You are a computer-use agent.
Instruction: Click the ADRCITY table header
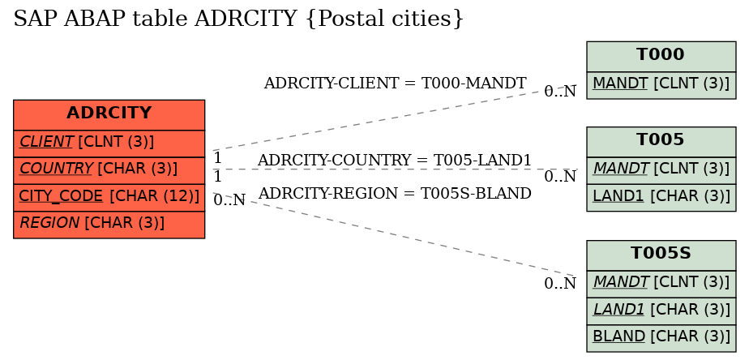click(x=109, y=115)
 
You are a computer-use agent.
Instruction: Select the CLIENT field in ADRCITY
click(x=109, y=143)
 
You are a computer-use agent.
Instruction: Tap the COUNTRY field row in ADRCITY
click(x=109, y=169)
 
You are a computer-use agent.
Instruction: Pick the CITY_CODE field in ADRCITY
click(x=109, y=197)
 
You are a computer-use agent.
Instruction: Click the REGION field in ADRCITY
click(x=109, y=225)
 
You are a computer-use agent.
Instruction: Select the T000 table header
click(x=661, y=57)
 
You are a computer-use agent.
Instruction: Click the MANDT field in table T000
click(x=661, y=84)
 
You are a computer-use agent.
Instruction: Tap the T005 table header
click(x=661, y=142)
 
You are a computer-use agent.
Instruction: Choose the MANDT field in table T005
click(x=661, y=169)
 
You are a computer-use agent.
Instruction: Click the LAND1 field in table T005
click(x=661, y=197)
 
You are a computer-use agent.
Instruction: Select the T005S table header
click(x=661, y=255)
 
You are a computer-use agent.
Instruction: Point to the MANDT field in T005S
click(x=661, y=284)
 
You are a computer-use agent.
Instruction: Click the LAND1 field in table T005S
click(x=661, y=311)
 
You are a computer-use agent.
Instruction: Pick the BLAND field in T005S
click(x=661, y=337)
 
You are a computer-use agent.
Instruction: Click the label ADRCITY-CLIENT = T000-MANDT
click(x=395, y=84)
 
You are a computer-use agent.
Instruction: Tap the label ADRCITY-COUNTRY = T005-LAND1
click(x=394, y=161)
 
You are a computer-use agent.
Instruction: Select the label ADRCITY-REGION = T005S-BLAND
click(x=395, y=194)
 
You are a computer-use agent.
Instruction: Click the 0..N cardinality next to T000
click(x=560, y=92)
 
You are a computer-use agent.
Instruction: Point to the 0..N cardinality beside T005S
click(x=560, y=284)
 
